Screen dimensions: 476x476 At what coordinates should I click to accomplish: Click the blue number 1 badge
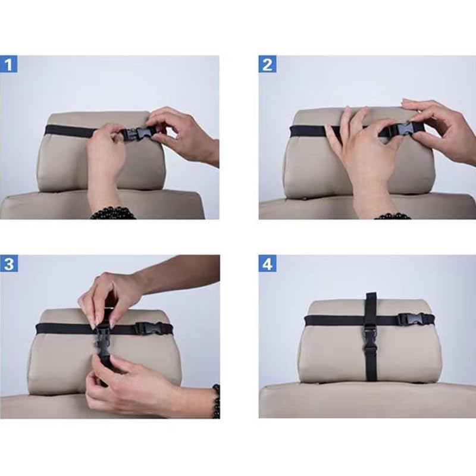click(x=8, y=64)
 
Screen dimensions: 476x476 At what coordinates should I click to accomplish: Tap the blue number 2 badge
click(x=267, y=64)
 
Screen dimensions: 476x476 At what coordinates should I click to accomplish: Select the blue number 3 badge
click(x=9, y=264)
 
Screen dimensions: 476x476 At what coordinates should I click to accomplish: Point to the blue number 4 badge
click(x=267, y=264)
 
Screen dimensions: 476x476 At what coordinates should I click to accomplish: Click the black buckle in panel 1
click(x=136, y=134)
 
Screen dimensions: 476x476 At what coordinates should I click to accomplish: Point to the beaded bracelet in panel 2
click(x=393, y=216)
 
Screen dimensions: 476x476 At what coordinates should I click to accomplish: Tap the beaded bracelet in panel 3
click(x=216, y=401)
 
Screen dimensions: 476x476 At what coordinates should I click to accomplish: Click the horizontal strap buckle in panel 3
click(x=146, y=328)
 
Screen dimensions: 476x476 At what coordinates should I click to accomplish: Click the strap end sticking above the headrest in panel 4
click(x=371, y=296)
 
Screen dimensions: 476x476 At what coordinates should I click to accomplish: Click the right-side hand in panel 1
click(x=181, y=135)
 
